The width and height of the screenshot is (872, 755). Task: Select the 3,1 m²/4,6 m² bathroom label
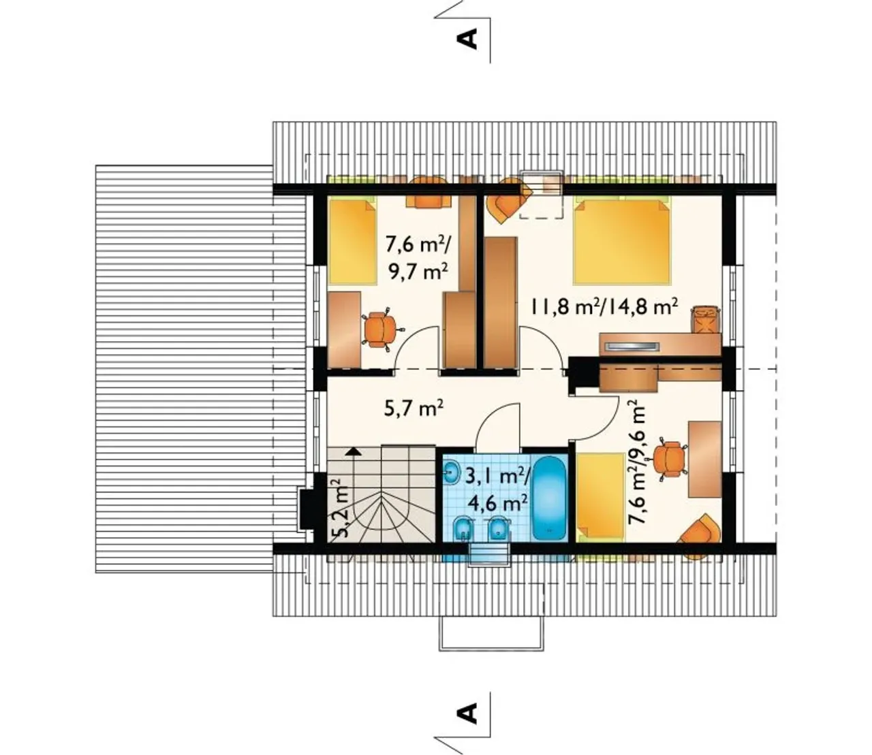tap(497, 490)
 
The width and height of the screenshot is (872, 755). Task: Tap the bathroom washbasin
tap(452, 472)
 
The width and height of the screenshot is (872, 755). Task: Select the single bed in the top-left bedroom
tap(353, 242)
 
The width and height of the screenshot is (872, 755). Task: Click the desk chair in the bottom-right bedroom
tap(670, 460)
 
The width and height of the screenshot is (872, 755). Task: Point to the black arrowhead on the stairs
tap(353, 451)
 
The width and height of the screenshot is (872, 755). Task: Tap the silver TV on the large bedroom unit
tap(631, 347)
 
